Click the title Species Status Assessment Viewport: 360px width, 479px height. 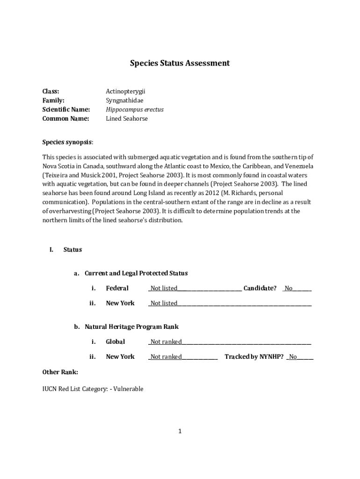point(180,63)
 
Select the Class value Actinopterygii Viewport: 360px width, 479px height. point(122,92)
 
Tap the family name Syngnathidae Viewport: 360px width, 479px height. point(124,101)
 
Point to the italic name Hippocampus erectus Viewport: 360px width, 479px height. point(135,109)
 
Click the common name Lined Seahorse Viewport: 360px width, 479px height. point(127,119)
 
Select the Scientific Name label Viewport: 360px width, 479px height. point(66,109)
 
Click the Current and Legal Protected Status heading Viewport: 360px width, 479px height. point(136,273)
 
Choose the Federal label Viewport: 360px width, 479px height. point(117,288)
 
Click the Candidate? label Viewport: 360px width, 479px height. point(260,288)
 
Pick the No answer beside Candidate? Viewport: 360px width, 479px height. point(288,289)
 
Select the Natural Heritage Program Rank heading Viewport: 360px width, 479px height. point(131,327)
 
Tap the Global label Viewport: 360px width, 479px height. point(115,342)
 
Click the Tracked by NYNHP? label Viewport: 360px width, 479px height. point(254,357)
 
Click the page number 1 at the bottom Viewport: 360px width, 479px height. point(180,431)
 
